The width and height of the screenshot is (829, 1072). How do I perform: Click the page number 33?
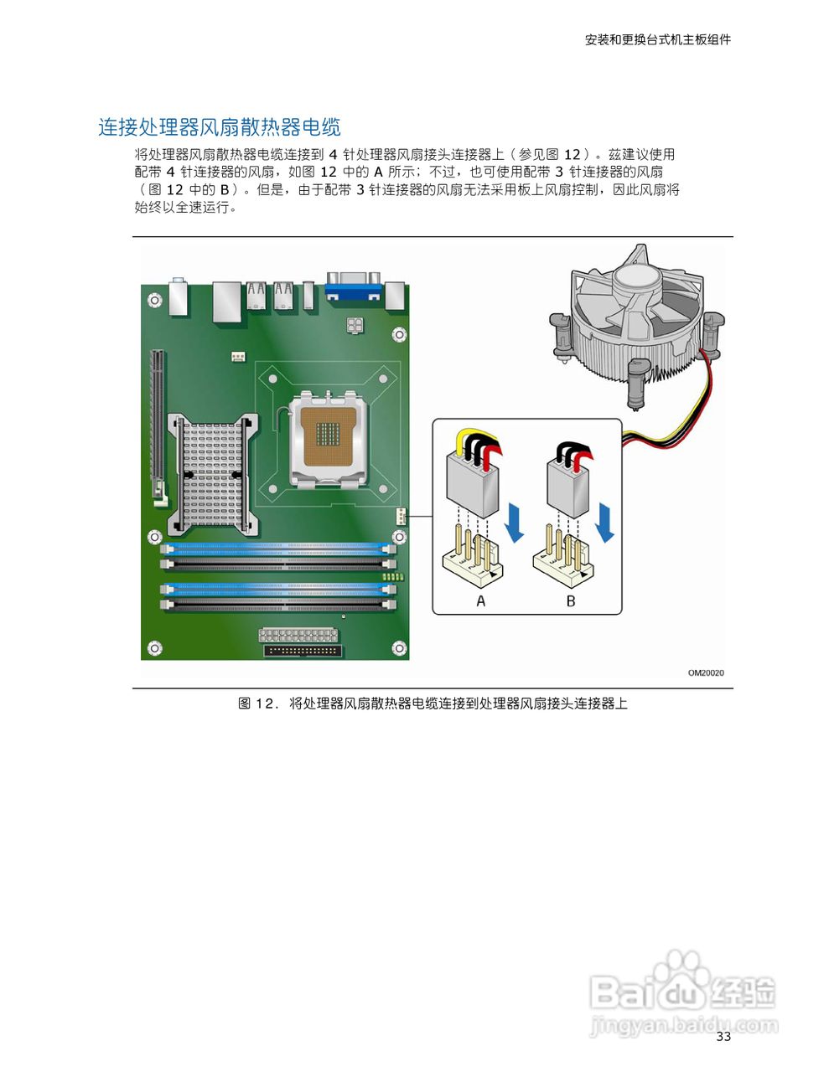(x=723, y=1037)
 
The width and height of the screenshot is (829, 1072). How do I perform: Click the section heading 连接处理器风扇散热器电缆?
(x=220, y=127)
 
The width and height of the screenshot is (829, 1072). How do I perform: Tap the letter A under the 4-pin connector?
(x=480, y=600)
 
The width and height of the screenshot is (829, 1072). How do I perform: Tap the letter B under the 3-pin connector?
(x=571, y=600)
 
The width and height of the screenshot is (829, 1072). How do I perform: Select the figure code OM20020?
(x=706, y=673)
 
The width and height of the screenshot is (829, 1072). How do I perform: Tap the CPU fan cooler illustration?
(x=637, y=327)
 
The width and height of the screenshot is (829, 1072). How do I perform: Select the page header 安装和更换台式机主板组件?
(x=657, y=39)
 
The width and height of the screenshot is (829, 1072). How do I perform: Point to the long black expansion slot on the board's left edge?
(x=155, y=427)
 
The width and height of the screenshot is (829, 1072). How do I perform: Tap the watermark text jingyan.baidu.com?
(x=683, y=1024)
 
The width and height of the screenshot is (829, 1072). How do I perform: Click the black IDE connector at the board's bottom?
(x=301, y=650)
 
